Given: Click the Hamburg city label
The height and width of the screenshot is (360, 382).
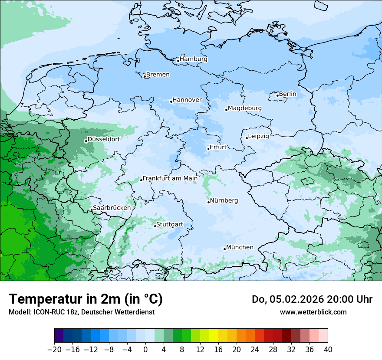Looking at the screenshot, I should coord(194,59).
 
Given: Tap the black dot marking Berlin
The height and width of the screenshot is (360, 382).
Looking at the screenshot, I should coord(277,95).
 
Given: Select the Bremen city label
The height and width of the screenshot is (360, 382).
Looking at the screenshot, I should coord(158,75).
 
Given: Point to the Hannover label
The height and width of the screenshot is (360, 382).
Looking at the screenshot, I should coord(187,100).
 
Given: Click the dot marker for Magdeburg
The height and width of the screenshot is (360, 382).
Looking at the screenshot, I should coord(226,110).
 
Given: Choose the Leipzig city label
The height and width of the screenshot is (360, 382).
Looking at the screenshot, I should coord(259,136).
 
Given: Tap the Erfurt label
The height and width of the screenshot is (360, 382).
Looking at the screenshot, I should coord(218,147).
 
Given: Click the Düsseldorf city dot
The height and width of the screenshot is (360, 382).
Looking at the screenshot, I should coord(86,141).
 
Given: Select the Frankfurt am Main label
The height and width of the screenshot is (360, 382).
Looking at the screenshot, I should coord(170,178).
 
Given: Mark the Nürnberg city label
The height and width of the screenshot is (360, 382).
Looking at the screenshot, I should coord(224,201).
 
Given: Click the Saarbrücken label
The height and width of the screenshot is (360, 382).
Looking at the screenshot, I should coord(112,208).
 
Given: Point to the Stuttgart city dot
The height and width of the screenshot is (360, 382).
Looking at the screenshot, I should coord(155,226).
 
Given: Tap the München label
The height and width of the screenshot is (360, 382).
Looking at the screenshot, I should coord(240,247).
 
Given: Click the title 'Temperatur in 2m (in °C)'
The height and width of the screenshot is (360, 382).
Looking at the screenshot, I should coord(86,299).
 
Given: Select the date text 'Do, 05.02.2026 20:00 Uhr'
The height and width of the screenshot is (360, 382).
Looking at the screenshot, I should coord(312,299).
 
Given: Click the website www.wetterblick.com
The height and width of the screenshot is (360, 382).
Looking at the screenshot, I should coord(313,312).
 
